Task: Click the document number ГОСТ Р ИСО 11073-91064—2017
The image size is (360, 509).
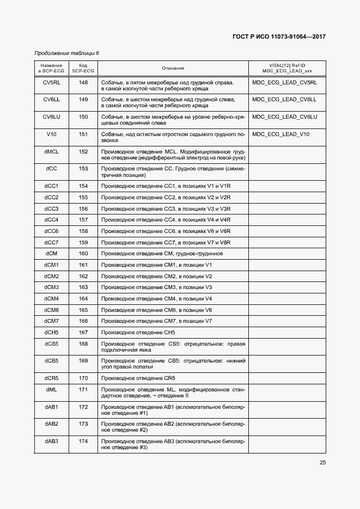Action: pos(279,36)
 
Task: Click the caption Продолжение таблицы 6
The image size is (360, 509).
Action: pos(66,53)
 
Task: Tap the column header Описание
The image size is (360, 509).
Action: pos(173,68)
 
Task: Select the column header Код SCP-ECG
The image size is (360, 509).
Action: pos(83,68)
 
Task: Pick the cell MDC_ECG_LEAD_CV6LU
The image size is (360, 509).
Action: pos(285,117)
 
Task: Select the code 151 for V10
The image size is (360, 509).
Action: pos(83,134)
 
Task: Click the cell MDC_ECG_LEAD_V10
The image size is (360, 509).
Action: pos(281,134)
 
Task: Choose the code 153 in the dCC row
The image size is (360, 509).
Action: pos(83,169)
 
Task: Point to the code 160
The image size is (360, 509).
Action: pos(83,254)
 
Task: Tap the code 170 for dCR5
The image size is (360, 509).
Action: pos(83,378)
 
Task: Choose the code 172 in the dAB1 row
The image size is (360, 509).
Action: pos(83,407)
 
